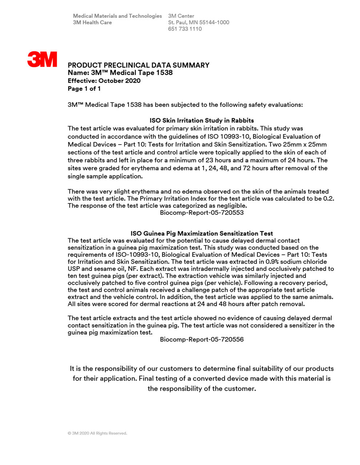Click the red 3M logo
[42, 59]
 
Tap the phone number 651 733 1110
[185, 29]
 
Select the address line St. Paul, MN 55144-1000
[199, 23]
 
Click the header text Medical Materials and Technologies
[117, 16]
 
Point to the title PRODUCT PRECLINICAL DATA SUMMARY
[139, 65]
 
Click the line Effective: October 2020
[104, 81]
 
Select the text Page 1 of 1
[84, 89]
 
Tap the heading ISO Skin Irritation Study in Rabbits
[201, 121]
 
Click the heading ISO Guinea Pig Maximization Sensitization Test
[201, 234]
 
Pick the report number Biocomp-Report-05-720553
[201, 213]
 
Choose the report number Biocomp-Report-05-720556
[201, 340]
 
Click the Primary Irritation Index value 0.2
[328, 199]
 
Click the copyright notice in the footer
[97, 433]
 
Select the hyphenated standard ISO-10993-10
[137, 255]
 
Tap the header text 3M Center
[181, 16]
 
